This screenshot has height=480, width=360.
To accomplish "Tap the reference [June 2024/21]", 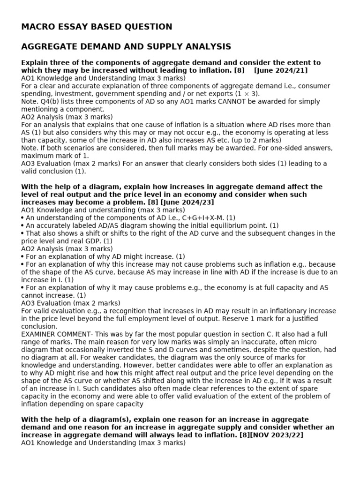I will [x=280, y=70].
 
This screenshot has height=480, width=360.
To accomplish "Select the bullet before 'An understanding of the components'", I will [x=23, y=217].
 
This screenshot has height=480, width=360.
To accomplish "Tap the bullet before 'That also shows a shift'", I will [x=23, y=233].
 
